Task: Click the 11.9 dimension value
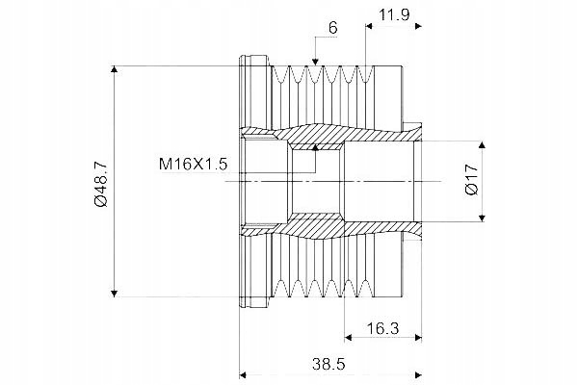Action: click(394, 14)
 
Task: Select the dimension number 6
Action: click(333, 28)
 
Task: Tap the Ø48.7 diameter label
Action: click(100, 183)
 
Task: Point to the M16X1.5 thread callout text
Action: click(193, 164)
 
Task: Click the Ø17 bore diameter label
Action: click(472, 180)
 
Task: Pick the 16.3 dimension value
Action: click(382, 327)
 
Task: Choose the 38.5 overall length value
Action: click(328, 364)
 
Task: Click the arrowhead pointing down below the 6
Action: click(315, 63)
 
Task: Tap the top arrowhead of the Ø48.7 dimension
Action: click(115, 69)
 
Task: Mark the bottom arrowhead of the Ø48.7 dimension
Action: click(115, 294)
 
